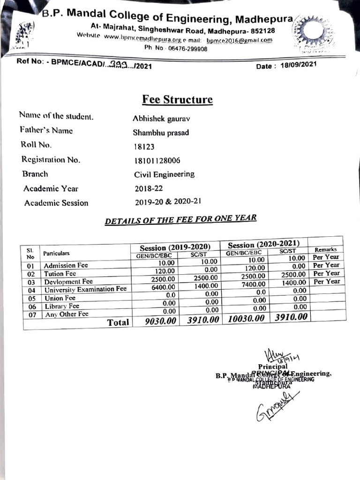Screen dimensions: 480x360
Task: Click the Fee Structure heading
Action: click(178, 100)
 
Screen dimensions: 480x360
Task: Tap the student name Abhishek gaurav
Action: click(161, 119)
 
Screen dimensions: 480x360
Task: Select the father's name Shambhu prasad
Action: click(161, 133)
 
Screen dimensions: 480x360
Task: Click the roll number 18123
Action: click(144, 147)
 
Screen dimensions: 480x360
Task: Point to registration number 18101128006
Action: click(157, 161)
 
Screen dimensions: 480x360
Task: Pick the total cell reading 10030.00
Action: click(247, 318)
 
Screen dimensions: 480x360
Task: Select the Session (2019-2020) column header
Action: click(175, 247)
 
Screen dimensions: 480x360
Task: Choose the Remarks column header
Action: click(326, 249)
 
